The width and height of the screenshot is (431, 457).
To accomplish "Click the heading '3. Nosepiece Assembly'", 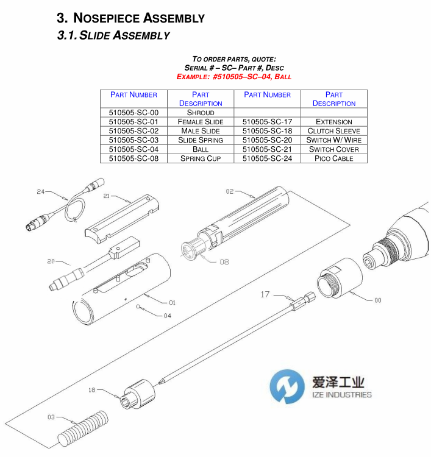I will pyautogui.click(x=130, y=18).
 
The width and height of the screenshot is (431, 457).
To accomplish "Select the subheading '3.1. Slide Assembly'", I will pyautogui.click(x=113, y=35).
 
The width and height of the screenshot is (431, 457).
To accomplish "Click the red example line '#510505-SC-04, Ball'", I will pyautogui.click(x=234, y=77).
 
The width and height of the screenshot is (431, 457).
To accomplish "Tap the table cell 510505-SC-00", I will pyautogui.click(x=134, y=113).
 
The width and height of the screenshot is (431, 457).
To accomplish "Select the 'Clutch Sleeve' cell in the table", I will pyautogui.click(x=333, y=131).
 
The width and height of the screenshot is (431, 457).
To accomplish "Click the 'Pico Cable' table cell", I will pyautogui.click(x=333, y=158).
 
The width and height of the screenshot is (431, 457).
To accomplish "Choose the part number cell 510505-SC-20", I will pyautogui.click(x=267, y=140).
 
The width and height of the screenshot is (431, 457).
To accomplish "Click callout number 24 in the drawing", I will pyautogui.click(x=41, y=191).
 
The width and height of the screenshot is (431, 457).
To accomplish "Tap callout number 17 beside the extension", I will pyautogui.click(x=265, y=294).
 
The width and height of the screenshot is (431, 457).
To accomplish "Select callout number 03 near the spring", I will pyautogui.click(x=51, y=417).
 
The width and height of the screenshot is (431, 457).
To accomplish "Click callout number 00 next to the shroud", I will pyautogui.click(x=377, y=299).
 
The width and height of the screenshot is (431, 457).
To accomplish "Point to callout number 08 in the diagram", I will pyautogui.click(x=224, y=262).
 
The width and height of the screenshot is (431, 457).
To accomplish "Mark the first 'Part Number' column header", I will pyautogui.click(x=134, y=95).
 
